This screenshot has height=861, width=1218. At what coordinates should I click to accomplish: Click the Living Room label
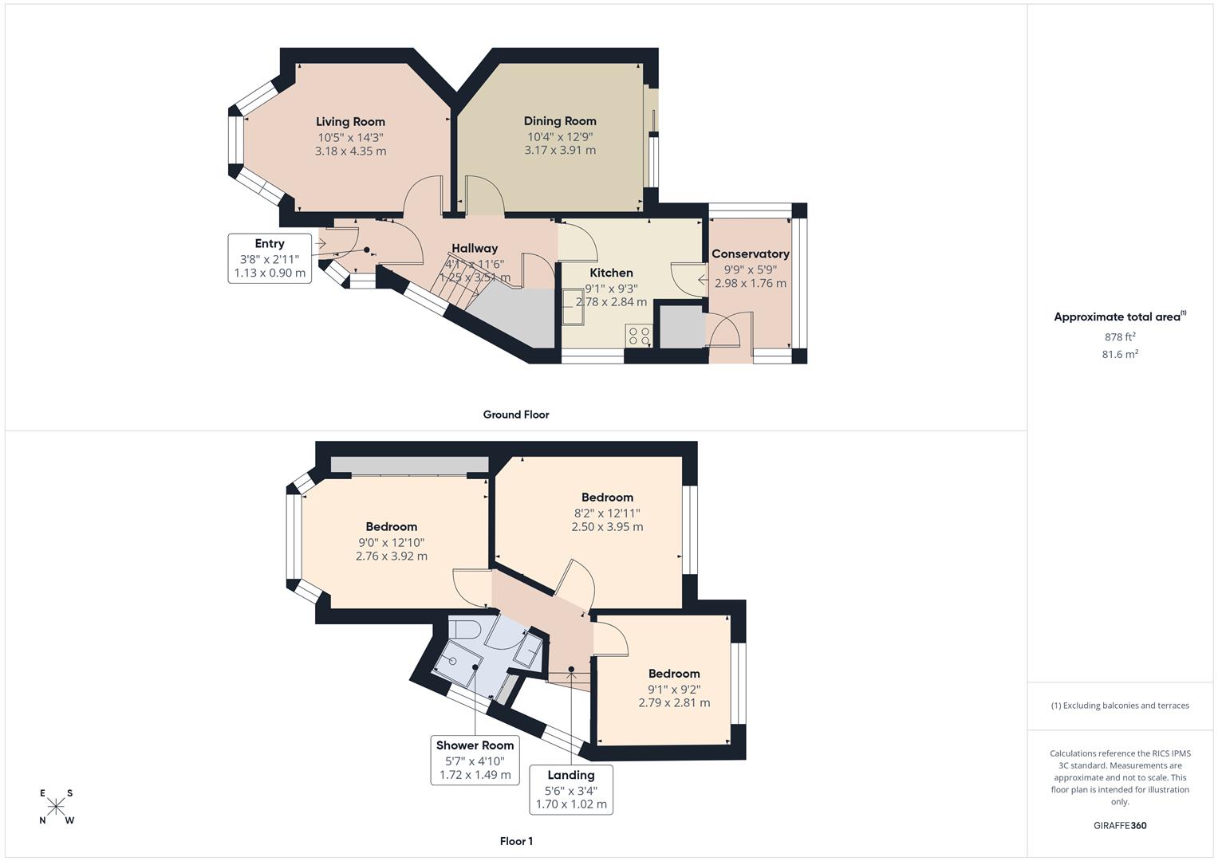click(x=350, y=122)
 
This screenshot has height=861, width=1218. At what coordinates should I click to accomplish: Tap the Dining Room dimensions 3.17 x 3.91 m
click(x=560, y=150)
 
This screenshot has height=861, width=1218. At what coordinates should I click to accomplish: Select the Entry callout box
click(x=270, y=258)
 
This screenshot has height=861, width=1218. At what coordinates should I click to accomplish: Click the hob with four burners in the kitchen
click(x=639, y=336)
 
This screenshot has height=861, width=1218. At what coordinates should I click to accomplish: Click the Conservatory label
click(x=750, y=254)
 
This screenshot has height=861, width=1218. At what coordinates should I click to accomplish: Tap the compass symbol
click(x=56, y=807)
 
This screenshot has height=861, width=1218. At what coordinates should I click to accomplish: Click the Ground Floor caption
click(x=516, y=415)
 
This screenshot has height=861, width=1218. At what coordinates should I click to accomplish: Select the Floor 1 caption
click(x=516, y=841)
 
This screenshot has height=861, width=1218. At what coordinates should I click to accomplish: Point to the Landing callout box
click(x=571, y=789)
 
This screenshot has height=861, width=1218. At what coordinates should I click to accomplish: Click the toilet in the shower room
click(x=463, y=629)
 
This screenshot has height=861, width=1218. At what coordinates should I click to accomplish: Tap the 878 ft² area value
click(x=1119, y=337)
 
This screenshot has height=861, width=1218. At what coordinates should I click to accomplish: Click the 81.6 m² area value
click(x=1119, y=355)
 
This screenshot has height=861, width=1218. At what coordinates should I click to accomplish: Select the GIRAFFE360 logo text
click(x=1119, y=826)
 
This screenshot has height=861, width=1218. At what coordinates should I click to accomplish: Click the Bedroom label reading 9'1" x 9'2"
click(x=674, y=674)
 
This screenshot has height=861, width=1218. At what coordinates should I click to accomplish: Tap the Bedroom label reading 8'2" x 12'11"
click(x=607, y=497)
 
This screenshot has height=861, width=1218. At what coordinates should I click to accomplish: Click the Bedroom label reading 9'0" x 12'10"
click(x=392, y=527)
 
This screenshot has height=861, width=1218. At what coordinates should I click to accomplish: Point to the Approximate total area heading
click(x=1119, y=317)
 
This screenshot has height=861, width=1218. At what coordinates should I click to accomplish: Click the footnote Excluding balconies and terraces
click(x=1119, y=706)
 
